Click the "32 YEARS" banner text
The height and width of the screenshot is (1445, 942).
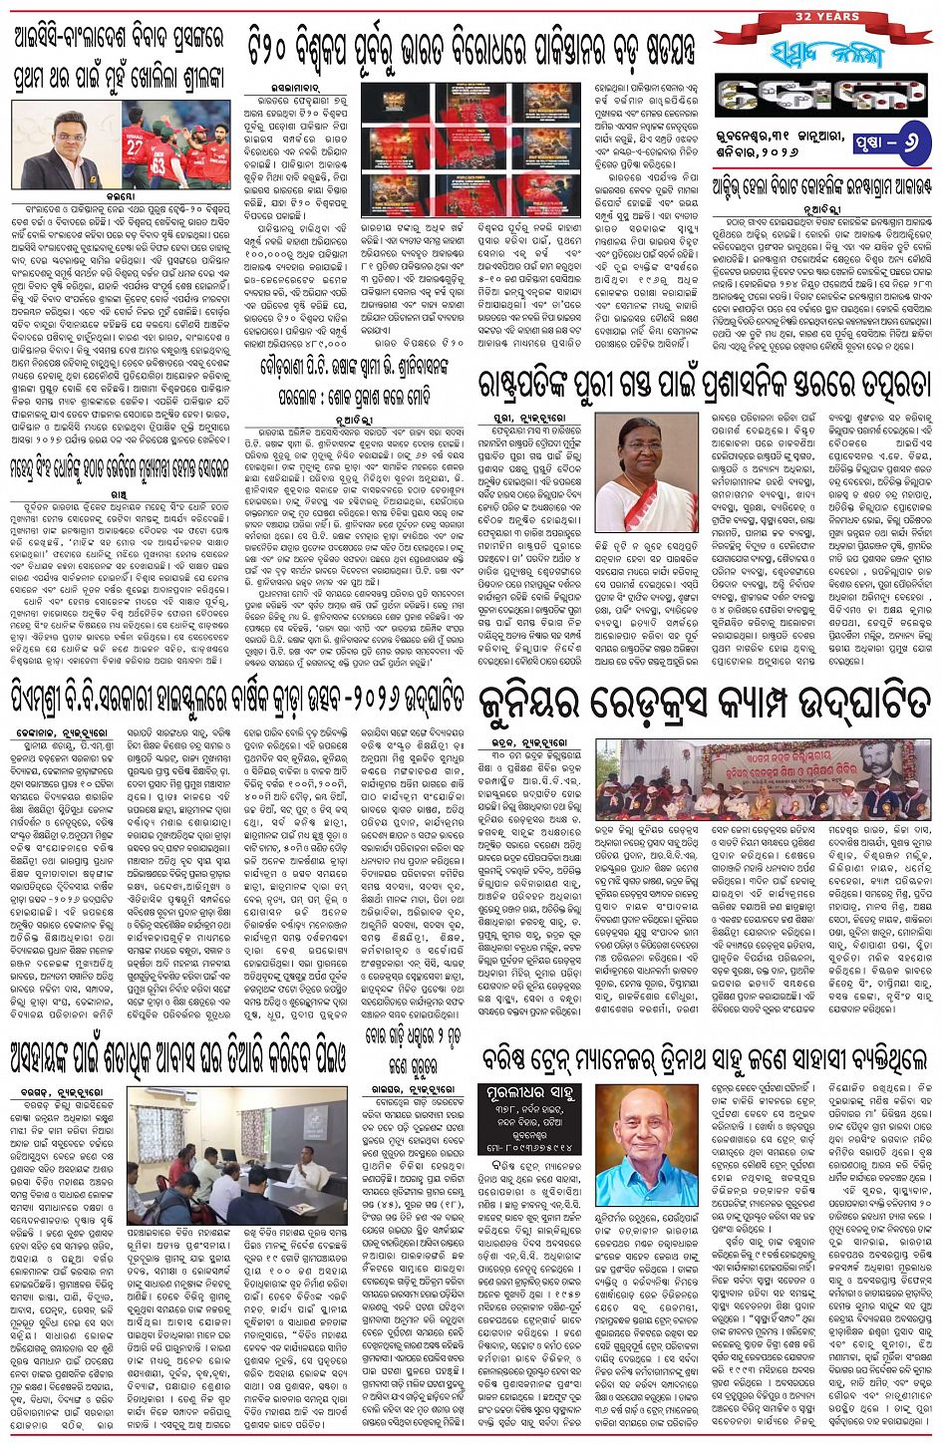(x=821, y=16)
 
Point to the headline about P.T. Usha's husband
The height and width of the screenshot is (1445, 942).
(x=357, y=358)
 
